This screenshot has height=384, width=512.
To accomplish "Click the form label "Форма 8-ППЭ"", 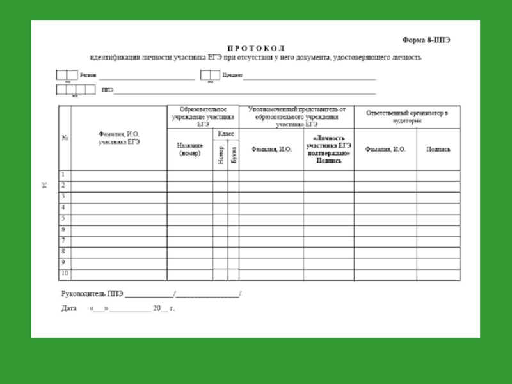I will point(426,39).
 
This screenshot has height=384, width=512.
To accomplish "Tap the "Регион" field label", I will point(89,75).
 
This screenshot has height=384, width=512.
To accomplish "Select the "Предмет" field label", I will point(232,75).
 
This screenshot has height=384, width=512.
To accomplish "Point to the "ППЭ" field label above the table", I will point(108,90).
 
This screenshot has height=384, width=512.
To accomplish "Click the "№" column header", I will point(65,138).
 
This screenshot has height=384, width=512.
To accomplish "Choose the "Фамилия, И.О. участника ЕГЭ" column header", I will point(119,138).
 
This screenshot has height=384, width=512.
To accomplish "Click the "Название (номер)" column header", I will point(190,149).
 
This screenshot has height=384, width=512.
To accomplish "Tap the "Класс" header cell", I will point(226,133).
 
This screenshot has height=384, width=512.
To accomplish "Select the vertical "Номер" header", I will point(221,154).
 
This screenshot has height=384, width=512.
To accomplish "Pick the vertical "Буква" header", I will point(234,154).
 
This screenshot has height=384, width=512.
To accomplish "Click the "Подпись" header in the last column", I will point(438,149).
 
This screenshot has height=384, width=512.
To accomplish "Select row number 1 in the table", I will point(63,174).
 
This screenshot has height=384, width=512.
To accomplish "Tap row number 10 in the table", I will point(64,274).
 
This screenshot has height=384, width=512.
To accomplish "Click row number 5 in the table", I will point(63,218).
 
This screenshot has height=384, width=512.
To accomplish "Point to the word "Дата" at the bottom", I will point(69,308).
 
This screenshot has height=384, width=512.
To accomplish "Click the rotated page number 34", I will point(44,186).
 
